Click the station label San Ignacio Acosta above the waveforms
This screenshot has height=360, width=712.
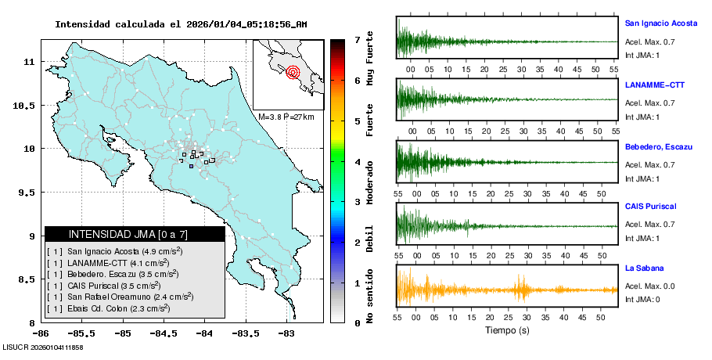[x=660, y=23]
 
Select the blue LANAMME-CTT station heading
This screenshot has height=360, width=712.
[x=654, y=85]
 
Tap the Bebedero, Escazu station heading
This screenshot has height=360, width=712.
[x=659, y=147]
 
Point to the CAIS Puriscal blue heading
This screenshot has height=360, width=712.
[x=651, y=207]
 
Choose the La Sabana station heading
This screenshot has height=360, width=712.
[x=644, y=268]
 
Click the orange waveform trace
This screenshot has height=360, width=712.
[x=507, y=290]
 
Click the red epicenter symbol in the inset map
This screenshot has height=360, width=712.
[x=293, y=73]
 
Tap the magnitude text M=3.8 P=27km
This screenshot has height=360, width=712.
[x=286, y=117]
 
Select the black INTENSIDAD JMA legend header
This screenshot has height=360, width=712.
[x=135, y=234]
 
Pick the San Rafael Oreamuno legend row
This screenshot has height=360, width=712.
[x=120, y=296]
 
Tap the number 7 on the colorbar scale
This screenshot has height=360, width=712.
[x=356, y=39]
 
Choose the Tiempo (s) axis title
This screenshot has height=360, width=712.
[x=507, y=330]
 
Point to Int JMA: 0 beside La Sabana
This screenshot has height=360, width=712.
[x=642, y=300]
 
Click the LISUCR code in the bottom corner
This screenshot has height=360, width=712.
[x=44, y=347]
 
